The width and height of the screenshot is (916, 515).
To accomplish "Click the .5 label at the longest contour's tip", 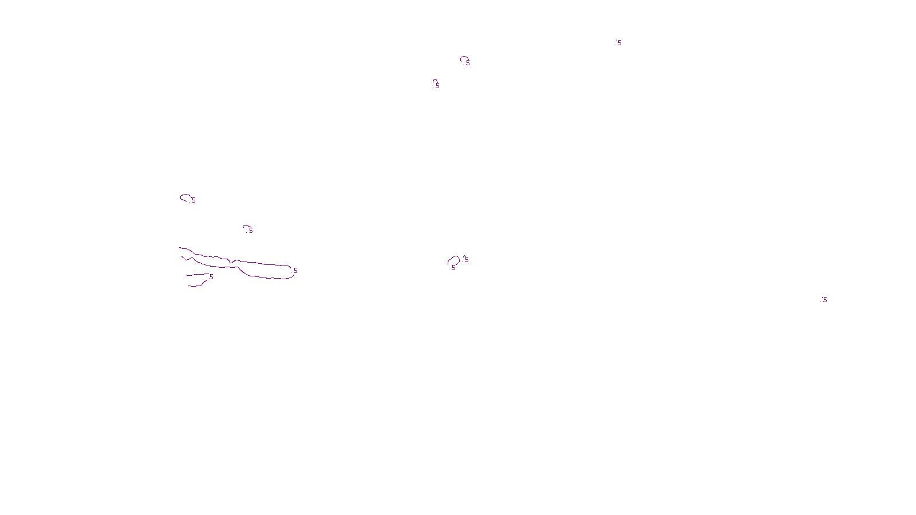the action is [x=295, y=271].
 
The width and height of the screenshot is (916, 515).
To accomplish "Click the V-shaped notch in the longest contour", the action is [x=230, y=262].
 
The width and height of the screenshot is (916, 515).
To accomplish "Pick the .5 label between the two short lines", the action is [x=211, y=277].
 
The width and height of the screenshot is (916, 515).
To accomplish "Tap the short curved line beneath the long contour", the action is [x=198, y=284].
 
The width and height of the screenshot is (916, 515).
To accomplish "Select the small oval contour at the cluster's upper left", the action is [x=185, y=197].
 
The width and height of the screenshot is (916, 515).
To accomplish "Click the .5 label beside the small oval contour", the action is [x=193, y=200].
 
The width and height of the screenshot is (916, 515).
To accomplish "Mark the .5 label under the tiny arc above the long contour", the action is [x=250, y=231].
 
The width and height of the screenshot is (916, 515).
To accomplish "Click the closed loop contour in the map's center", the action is [x=453, y=260].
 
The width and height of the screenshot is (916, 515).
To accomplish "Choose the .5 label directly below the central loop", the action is [x=453, y=268].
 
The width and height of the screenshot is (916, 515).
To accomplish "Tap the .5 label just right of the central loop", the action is [x=465, y=260].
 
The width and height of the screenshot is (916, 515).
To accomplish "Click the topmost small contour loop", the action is [x=464, y=58].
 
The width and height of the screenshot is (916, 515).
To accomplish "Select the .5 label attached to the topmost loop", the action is [x=467, y=63].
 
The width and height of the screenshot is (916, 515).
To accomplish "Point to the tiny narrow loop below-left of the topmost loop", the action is [x=435, y=81].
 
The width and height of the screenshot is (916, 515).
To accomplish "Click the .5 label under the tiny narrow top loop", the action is [x=437, y=86].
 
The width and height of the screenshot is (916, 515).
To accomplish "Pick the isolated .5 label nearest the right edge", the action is [x=824, y=300].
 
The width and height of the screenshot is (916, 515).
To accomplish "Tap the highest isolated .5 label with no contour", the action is [x=618, y=43].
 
